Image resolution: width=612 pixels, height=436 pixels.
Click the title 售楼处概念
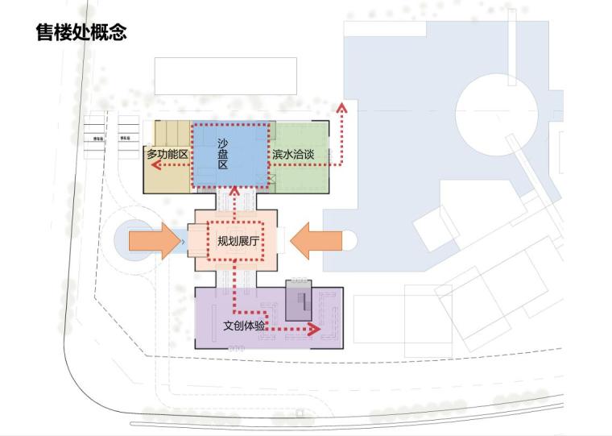pyautogui.click(x=81, y=32)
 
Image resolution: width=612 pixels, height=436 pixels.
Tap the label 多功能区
pyautogui.click(x=167, y=153)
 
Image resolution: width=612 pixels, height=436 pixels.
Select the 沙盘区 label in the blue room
pyautogui.click(x=223, y=153)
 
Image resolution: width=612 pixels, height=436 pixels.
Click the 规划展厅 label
pyautogui.click(x=238, y=240)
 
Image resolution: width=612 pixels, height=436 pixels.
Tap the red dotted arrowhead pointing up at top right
pyautogui.click(x=342, y=107)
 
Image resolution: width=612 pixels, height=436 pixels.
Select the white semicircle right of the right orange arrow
pyautogui.click(x=349, y=240)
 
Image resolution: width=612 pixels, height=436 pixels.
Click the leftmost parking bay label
pyautogui.click(x=95, y=138)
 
